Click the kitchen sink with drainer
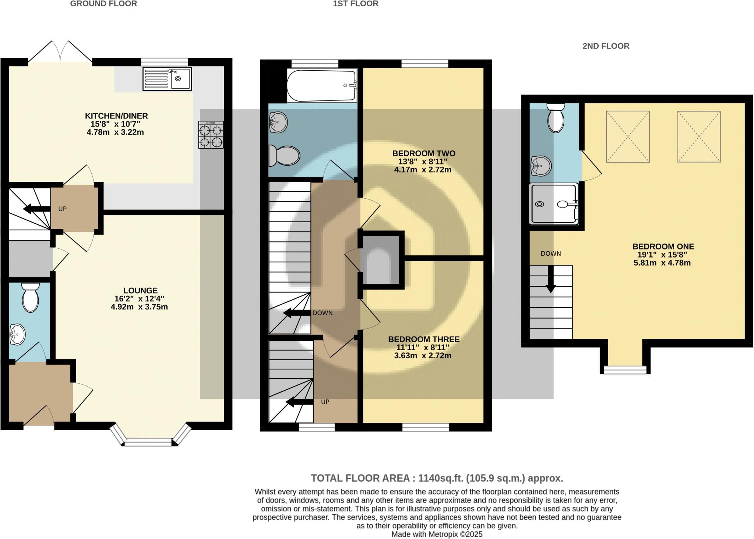[167, 79]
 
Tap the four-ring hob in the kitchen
[211, 135]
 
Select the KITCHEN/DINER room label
[116, 116]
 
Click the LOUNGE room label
[140, 291]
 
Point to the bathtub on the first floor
[321, 86]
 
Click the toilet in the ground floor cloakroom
[30, 297]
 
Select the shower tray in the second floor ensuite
[553, 204]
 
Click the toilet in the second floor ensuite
[556, 117]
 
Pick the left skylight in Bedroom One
[628, 136]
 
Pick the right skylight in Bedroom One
[699, 136]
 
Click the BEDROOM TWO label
[423, 153]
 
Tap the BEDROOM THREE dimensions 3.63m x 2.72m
[423, 356]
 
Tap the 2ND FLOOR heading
[606, 46]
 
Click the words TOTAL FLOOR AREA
[360, 478]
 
